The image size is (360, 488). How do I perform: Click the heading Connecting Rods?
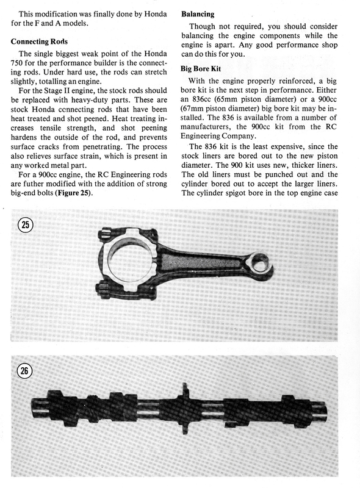pos(39,41)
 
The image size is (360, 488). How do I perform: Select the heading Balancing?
pos(198,14)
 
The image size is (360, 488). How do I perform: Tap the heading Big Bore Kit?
pos(201,69)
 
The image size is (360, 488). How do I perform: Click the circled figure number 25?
pos(26,224)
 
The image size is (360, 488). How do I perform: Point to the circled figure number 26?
pos(24,371)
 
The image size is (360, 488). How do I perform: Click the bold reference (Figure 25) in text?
pos(73,193)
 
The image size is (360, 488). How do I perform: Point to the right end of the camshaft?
pos(324,411)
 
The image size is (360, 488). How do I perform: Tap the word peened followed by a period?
pos(98,119)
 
